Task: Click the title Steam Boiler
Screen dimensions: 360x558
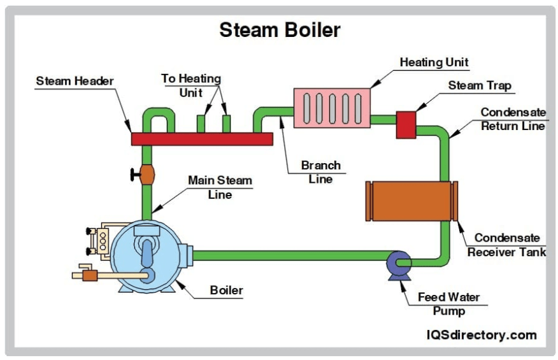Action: tap(280, 29)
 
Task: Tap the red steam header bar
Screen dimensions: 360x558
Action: tap(201, 138)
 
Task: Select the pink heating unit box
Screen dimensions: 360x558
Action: tap(331, 107)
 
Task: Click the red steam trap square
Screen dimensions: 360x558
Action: tap(406, 124)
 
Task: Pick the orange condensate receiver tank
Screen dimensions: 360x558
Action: tap(411, 201)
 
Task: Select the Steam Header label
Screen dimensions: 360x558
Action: tap(75, 81)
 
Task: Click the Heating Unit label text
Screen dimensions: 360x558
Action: tap(434, 62)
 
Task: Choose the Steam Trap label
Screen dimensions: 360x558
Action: tap(479, 85)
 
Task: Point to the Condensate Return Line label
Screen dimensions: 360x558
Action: tap(513, 119)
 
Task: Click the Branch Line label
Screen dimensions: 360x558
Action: tap(320, 172)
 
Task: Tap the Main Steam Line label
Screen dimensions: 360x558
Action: tap(220, 187)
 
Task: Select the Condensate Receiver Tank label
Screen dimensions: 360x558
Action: tap(507, 245)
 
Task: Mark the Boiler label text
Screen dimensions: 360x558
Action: tap(227, 291)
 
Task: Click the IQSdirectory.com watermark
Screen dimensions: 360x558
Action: tap(481, 335)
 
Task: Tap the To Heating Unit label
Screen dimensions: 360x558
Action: tap(190, 85)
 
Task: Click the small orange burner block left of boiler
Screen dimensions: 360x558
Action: tap(90, 275)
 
